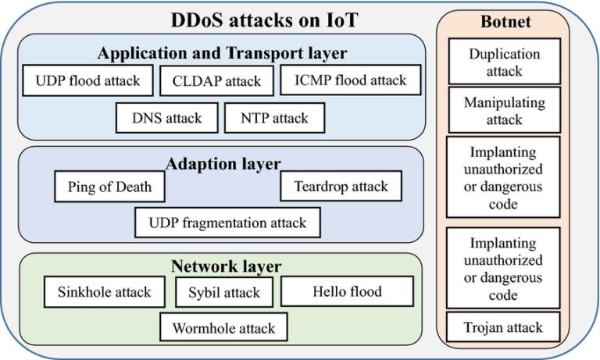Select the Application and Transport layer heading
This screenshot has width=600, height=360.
coord(222,53)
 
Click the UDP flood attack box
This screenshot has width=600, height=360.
coord(87,80)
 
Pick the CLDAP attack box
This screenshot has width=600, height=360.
coord(216,80)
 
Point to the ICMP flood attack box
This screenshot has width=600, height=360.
coord(350,80)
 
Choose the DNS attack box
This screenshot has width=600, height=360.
coord(166,119)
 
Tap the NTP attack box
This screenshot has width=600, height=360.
coord(273,119)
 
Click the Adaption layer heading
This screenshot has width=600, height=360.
coord(223,164)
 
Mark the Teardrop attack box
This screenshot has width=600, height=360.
coord(341,187)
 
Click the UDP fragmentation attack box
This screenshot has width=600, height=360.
coord(227,223)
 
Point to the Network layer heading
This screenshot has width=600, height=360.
coord(226,267)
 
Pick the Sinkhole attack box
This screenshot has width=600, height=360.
coord(104,292)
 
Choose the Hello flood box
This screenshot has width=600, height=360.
coord(347,292)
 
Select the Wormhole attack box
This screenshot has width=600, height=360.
coord(223,328)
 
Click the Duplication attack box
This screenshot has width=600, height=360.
coord(504,62)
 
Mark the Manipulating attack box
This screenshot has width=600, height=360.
coord(504,111)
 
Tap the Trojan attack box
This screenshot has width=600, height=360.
coord(504,328)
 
